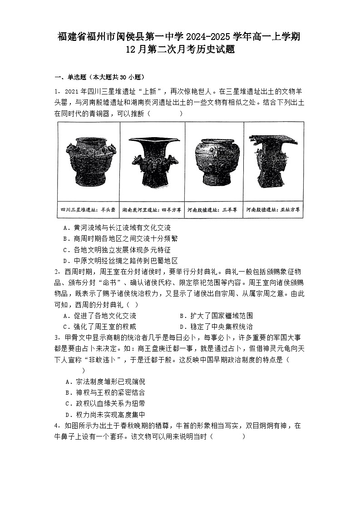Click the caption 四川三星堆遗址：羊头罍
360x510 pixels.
89,210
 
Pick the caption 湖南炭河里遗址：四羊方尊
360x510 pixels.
152,210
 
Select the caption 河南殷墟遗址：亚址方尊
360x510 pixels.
273,210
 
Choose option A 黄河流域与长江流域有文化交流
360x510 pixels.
117,228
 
